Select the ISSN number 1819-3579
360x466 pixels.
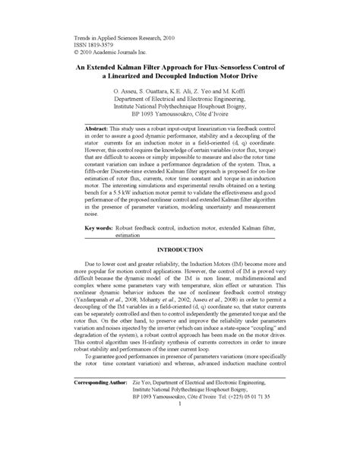pos(92,45)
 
